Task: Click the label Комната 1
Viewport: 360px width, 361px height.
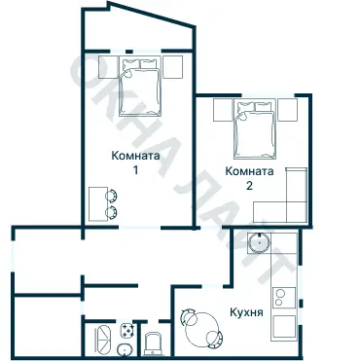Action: pyautogui.click(x=135, y=162)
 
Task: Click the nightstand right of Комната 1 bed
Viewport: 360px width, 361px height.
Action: pyautogui.click(x=173, y=66)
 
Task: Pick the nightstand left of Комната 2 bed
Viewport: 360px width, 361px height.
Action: pyautogui.click(x=222, y=110)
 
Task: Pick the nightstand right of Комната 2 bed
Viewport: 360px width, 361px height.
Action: pyautogui.click(x=289, y=110)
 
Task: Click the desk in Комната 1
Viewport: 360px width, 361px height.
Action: pyautogui.click(x=98, y=202)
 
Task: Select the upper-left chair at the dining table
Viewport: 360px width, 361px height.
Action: pyautogui.click(x=188, y=315)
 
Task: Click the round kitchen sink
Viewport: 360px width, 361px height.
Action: pyautogui.click(x=260, y=243)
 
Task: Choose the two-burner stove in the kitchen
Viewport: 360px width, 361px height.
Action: pyautogui.click(x=284, y=295)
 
